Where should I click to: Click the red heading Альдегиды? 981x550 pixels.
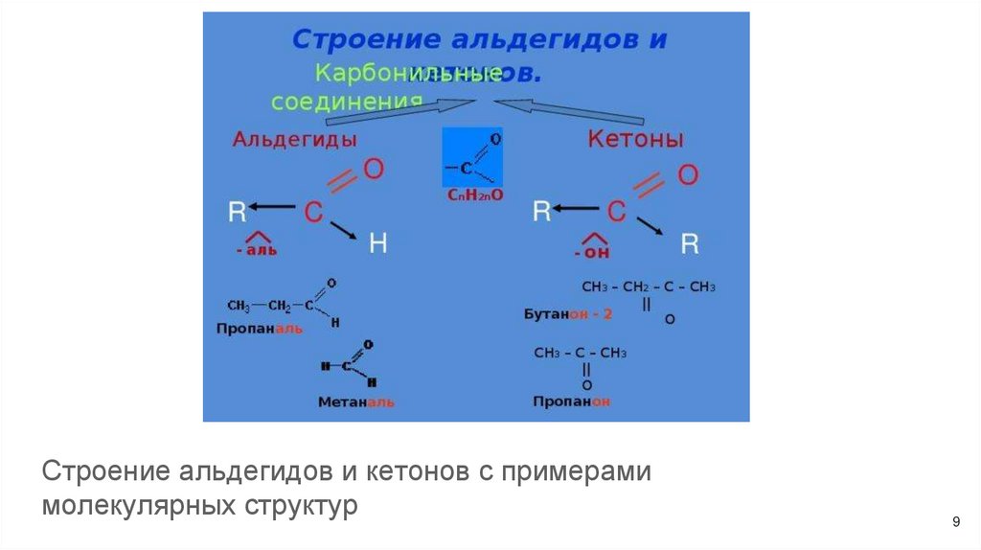(294, 139)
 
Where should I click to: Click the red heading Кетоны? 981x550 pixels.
(635, 139)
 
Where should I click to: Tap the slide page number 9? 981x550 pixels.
(955, 521)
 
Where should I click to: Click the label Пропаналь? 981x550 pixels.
(260, 328)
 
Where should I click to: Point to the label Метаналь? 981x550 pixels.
(355, 402)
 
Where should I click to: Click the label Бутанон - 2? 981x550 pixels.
(567, 314)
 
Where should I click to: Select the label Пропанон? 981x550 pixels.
(571, 401)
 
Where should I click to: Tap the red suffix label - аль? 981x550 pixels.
(256, 250)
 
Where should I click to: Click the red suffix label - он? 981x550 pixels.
(592, 254)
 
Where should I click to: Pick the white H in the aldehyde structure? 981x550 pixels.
(377, 245)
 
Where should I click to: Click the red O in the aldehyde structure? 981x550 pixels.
(375, 170)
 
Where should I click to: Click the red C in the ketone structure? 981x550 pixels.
(618, 212)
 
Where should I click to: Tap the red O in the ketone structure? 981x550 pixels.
(688, 174)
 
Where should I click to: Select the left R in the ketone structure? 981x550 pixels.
(542, 211)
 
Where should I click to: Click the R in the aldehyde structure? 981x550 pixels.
(236, 211)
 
